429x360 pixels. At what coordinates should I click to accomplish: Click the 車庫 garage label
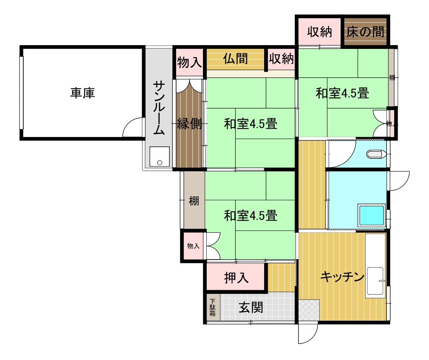[x=82, y=93]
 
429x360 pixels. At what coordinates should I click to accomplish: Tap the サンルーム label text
[x=159, y=109]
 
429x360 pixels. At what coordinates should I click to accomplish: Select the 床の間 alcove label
[x=365, y=32]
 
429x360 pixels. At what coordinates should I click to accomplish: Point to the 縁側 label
[x=189, y=124]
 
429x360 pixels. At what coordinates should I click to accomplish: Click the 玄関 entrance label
[x=251, y=307]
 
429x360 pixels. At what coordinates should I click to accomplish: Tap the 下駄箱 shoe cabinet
[x=212, y=307]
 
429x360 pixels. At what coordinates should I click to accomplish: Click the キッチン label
[x=342, y=277]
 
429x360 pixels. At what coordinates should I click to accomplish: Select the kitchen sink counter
[x=375, y=281]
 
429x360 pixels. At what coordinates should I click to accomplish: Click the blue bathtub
[x=371, y=215]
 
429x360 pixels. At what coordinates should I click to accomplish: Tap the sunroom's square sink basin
[x=159, y=157]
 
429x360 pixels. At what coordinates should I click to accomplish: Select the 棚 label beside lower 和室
[x=194, y=202]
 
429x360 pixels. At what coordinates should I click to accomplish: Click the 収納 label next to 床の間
[x=319, y=32]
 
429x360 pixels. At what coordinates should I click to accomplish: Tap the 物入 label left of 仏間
[x=189, y=63]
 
